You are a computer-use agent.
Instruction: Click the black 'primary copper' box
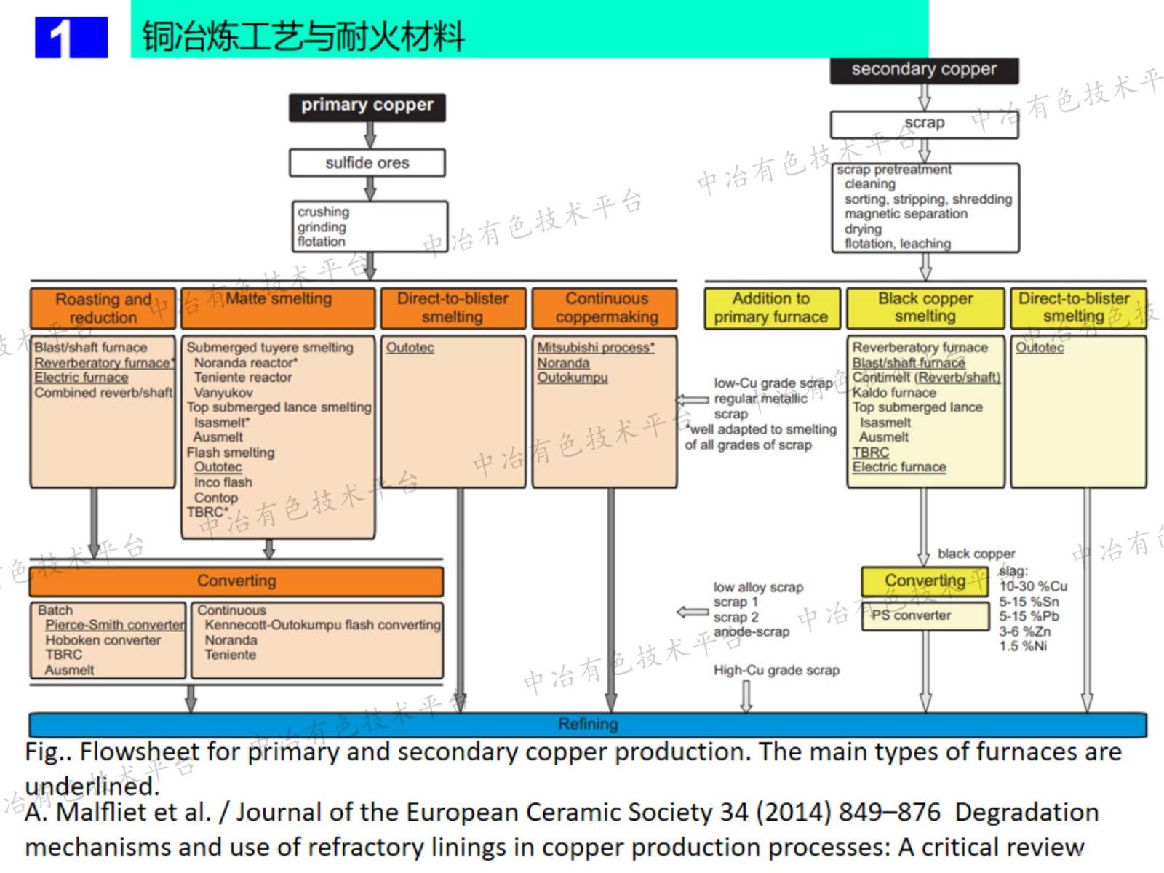coord(367,106)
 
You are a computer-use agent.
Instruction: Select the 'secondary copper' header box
coord(924,70)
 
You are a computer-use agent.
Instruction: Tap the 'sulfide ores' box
coord(367,163)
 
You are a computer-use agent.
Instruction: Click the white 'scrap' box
coord(924,124)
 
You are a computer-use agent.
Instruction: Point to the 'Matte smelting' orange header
coord(278,308)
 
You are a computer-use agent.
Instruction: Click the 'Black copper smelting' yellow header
coord(925,308)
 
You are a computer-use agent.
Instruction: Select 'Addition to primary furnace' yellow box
coord(771,308)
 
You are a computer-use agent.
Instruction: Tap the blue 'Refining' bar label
coord(588,725)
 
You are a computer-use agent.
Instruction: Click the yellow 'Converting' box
coord(925,581)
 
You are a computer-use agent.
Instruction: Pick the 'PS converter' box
coord(912,615)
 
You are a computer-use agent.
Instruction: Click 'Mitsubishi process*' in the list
coord(595,348)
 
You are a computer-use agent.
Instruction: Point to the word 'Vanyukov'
coord(223,393)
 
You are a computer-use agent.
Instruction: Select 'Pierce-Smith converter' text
coord(114,625)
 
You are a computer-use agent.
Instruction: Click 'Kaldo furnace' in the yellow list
coord(894,393)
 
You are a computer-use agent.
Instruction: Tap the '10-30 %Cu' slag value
coord(1032,586)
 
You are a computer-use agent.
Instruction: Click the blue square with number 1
coord(71,37)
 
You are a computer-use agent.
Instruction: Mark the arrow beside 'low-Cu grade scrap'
coord(692,399)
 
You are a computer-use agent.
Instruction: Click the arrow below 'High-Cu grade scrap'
coord(746,696)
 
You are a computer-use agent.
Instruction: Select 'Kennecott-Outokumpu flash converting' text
coord(322,625)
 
